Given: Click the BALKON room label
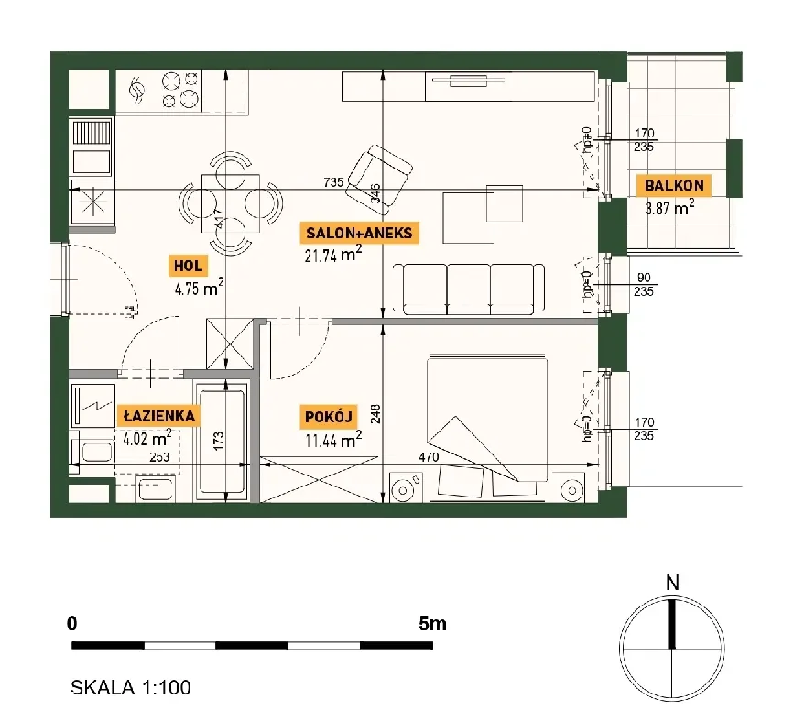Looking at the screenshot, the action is click(674, 185).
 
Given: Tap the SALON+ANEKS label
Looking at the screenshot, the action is click(360, 233).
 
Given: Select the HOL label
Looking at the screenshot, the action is click(188, 266).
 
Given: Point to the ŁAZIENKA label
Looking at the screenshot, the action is click(159, 416).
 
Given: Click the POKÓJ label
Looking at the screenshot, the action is click(328, 417).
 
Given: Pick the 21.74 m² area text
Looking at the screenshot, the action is click(333, 254).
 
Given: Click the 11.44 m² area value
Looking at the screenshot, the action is click(333, 440).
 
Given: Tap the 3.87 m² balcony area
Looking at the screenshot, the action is click(669, 207).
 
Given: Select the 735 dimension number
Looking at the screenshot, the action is click(333, 182).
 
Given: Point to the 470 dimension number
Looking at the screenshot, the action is click(429, 457).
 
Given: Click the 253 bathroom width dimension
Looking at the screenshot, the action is click(159, 457).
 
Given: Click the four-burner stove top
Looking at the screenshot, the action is click(179, 90).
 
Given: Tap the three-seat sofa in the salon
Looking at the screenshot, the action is click(469, 289).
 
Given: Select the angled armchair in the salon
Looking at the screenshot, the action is click(379, 175).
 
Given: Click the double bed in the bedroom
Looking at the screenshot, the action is click(486, 418).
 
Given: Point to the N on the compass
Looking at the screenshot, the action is click(672, 583).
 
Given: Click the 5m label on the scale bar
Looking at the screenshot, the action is click(432, 623).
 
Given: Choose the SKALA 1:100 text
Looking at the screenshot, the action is click(131, 687).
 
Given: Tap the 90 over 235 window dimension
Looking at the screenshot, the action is click(644, 285).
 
